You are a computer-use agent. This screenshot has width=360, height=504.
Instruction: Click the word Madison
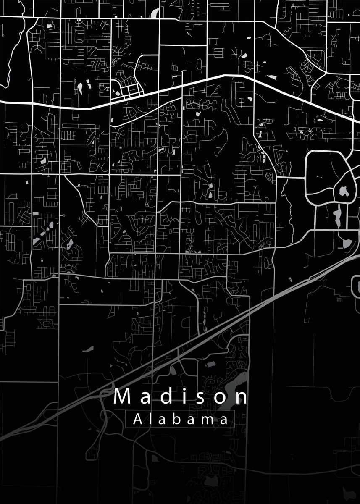(x=181, y=396)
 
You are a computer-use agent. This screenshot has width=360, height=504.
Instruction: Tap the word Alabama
(x=181, y=419)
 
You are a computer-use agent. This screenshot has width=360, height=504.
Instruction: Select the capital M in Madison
(x=122, y=396)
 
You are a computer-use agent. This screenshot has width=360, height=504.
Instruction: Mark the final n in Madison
(x=241, y=397)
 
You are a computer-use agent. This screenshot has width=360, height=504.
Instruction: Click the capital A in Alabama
(x=137, y=419)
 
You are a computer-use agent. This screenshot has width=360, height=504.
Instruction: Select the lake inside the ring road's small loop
(x=344, y=192)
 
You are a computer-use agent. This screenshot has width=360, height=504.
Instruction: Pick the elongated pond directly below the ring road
(x=337, y=215)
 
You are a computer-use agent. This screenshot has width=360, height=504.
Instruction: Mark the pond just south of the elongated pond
(x=347, y=243)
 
